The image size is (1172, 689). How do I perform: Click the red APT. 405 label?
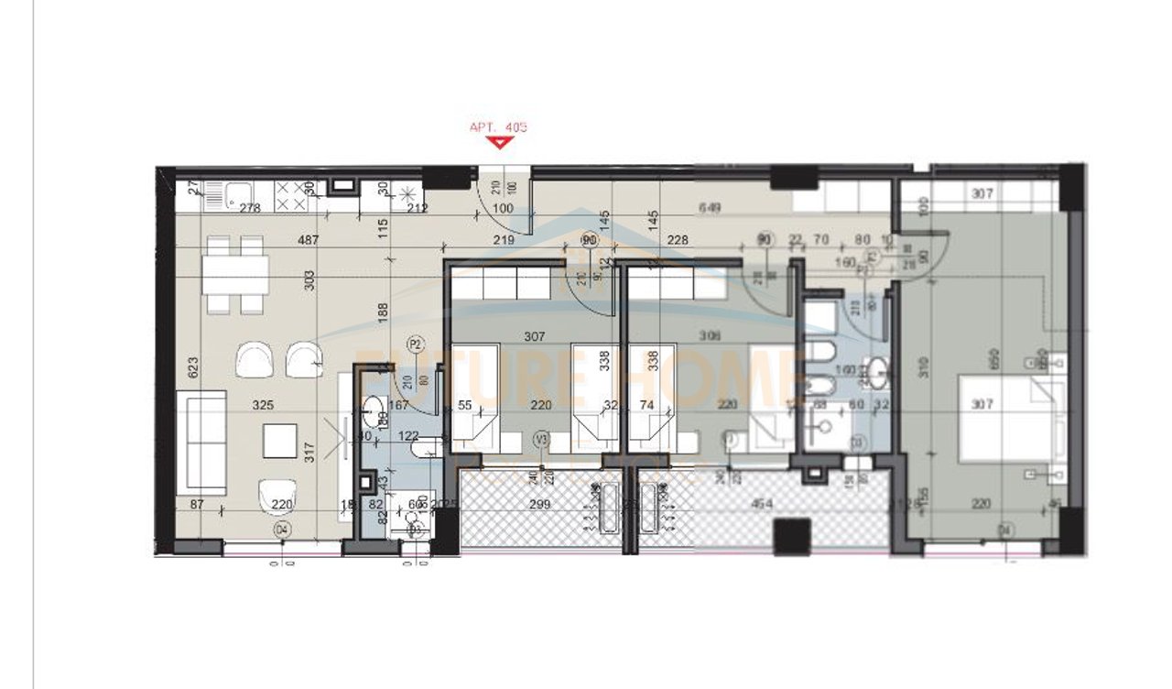[499, 127]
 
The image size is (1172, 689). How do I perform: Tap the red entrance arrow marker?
[499, 142]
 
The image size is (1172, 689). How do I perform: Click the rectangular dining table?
[236, 272]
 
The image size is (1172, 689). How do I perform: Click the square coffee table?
[280, 442]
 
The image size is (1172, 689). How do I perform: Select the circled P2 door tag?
[416, 344]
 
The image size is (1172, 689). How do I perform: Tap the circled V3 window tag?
[541, 441]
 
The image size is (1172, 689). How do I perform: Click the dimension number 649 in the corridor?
[709, 208]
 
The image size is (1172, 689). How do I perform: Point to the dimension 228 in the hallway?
[678, 240]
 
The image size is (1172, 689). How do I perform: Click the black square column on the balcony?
[791, 536]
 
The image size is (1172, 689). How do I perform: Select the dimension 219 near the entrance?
[501, 240]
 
